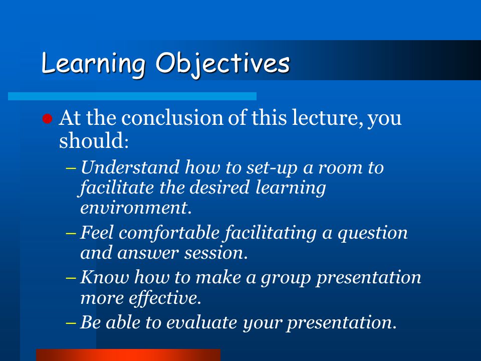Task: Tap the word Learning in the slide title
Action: pos(93,64)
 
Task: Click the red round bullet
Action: pos(47,118)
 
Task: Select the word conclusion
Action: pos(172,117)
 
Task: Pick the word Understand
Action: pos(130,167)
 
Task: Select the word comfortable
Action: pos(169,232)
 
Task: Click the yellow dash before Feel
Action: pos(71,233)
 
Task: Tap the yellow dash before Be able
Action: pos(71,323)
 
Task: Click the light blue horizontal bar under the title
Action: pos(132,96)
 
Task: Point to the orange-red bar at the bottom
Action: pos(128,355)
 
